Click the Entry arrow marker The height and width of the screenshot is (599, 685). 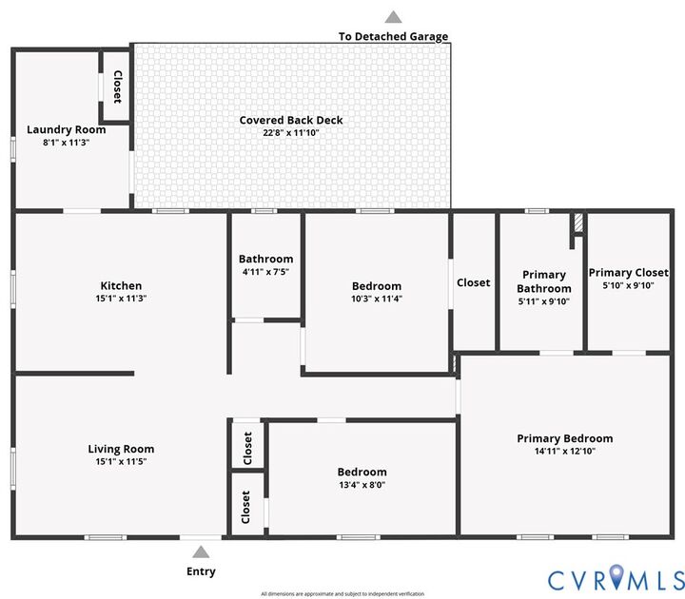coord(201,552)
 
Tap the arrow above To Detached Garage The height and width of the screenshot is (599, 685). coord(393,16)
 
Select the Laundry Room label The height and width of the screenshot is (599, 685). coord(66,130)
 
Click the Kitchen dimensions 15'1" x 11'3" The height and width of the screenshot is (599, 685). coord(121,299)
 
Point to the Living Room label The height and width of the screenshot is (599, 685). coord(121,449)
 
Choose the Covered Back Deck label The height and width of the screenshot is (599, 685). coord(291,121)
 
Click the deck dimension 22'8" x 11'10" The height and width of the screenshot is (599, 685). coord(291,133)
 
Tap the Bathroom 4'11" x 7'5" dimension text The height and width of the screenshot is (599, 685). coord(265,271)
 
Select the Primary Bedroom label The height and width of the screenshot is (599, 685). coord(565,438)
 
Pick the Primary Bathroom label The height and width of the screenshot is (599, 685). coord(544,281)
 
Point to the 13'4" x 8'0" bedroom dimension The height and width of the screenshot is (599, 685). coord(362,484)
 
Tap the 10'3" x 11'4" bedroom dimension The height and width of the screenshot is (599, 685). coord(377,299)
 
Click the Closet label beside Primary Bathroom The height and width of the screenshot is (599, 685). coord(474,282)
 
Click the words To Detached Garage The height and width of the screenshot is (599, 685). coord(393,37)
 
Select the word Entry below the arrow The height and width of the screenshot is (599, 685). coord(201,571)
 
